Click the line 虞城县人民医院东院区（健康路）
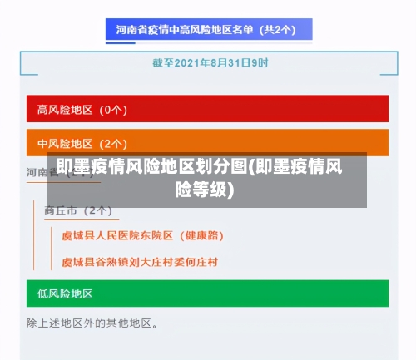pos(142,236)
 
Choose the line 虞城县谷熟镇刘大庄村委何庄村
pos(140,262)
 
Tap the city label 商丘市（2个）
pos(78,210)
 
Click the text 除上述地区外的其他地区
pos(92,322)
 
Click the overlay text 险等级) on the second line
pos(205,190)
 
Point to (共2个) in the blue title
pos(278,30)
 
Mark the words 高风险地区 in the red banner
pos(66,109)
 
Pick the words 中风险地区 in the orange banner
pos(66,143)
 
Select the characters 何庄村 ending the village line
pos(201,262)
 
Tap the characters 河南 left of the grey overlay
pos(37,172)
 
